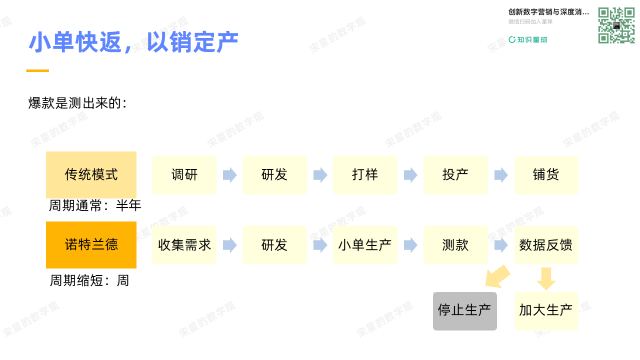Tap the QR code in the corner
(x=616, y=26)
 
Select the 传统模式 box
(x=91, y=174)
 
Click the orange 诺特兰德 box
(x=91, y=245)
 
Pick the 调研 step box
(x=184, y=175)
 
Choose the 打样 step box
(x=365, y=175)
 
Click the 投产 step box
(x=455, y=175)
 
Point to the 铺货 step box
(x=546, y=175)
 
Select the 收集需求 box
(x=184, y=245)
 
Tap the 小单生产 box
(x=365, y=245)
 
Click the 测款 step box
(x=455, y=245)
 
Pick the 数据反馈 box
(x=546, y=245)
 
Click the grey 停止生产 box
(x=464, y=310)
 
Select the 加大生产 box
(x=545, y=310)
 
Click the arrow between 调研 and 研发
(x=229, y=175)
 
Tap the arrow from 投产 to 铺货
(x=500, y=175)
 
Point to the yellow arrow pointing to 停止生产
(x=495, y=276)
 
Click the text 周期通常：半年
(x=95, y=206)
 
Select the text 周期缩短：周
(x=89, y=281)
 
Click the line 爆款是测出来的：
(x=78, y=103)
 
